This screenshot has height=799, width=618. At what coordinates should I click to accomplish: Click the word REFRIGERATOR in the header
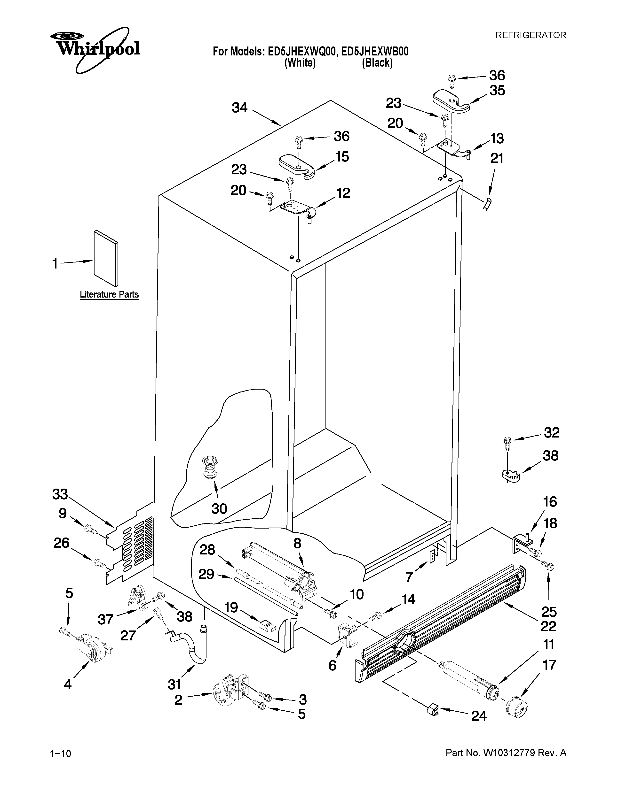coord(531,35)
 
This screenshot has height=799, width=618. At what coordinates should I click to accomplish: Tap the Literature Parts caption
coord(109,294)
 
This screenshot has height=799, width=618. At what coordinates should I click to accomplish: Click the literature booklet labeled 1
coord(106,258)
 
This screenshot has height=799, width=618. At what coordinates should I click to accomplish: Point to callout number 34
coord(240,108)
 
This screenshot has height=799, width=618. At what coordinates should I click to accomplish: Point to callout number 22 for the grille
coord(548,626)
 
